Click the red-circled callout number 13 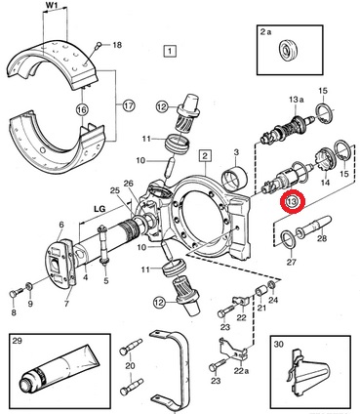(293, 202)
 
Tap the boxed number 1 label (170, 51)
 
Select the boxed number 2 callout (205, 155)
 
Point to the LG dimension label (100, 209)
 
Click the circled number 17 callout (129, 105)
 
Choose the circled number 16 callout (82, 109)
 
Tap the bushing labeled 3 (234, 178)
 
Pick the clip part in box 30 (308, 373)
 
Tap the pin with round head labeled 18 (98, 46)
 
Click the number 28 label (322, 239)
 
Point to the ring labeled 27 (287, 240)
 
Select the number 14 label (326, 183)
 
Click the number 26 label (129, 184)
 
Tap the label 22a (240, 371)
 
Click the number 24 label (273, 300)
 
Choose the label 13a (297, 100)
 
